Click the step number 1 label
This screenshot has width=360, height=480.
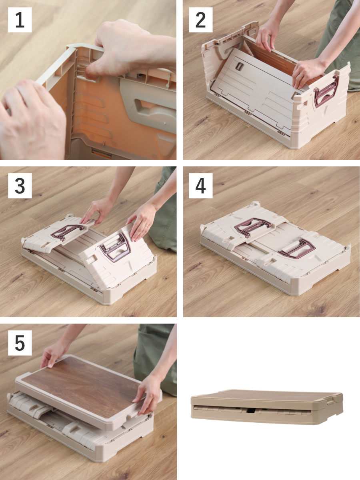(x=20, y=20)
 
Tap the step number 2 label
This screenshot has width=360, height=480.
(x=201, y=20)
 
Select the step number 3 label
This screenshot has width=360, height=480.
(x=20, y=186)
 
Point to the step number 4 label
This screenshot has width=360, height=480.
(x=201, y=186)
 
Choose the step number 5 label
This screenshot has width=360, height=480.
(x=20, y=343)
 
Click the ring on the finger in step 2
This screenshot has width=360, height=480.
(x=300, y=76)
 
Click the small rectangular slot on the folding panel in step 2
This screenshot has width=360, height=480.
(x=239, y=66)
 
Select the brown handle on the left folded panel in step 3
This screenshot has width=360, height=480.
(x=68, y=232)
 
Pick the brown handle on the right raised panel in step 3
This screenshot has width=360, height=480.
(x=116, y=247)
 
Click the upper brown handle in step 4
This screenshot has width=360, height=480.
(x=252, y=227)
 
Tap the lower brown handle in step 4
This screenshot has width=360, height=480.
(x=297, y=249)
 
